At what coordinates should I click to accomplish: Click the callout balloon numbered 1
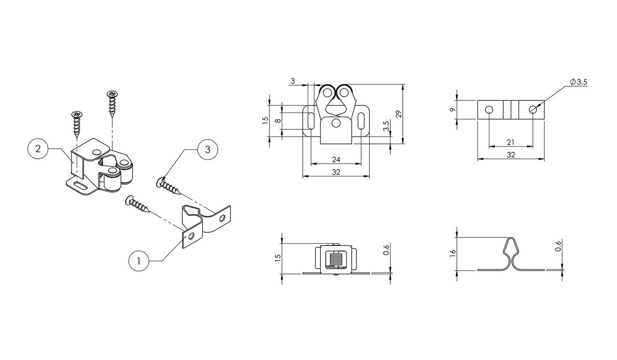click(137, 261)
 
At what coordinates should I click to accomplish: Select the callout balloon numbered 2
click(38, 149)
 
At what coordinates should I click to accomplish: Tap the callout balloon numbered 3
click(207, 149)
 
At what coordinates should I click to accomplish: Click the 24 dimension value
click(336, 159)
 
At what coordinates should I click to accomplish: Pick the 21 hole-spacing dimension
click(511, 142)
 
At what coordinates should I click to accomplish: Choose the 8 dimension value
click(278, 121)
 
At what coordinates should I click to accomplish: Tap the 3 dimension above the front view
click(292, 81)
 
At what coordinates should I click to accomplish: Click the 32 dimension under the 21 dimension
click(511, 155)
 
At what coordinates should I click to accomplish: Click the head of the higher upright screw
click(112, 94)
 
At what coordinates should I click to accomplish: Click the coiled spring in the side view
click(335, 259)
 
